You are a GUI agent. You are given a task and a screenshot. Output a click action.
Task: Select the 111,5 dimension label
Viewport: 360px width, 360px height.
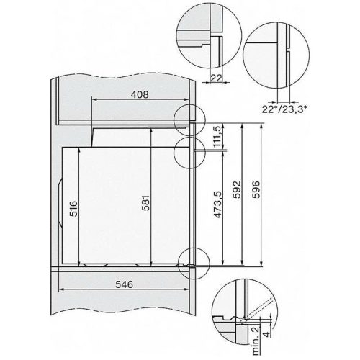(x=217, y=138)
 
